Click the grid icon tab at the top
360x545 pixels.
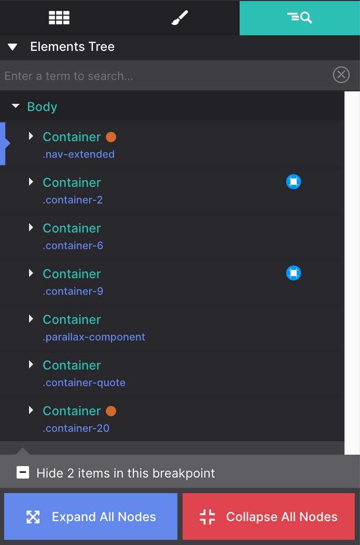click(x=59, y=18)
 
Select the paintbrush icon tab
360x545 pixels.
click(x=179, y=18)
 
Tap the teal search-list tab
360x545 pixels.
click(x=299, y=18)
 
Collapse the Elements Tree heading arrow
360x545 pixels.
click(x=13, y=47)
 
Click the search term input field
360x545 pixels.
click(x=166, y=76)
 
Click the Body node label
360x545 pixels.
click(x=42, y=107)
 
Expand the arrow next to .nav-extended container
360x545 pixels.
click(x=31, y=137)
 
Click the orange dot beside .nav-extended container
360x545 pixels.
click(x=111, y=137)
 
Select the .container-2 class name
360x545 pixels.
click(x=73, y=200)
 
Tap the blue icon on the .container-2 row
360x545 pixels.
click(x=294, y=182)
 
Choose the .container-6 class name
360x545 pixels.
click(x=73, y=246)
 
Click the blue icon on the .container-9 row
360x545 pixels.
click(x=294, y=273)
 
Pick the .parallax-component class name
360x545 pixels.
click(x=94, y=337)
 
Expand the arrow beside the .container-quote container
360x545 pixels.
click(x=31, y=365)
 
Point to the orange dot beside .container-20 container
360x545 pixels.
click(x=111, y=411)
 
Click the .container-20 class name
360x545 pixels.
click(x=76, y=428)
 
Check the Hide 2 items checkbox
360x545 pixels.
click(x=23, y=473)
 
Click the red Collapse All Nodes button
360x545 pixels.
click(x=269, y=516)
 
